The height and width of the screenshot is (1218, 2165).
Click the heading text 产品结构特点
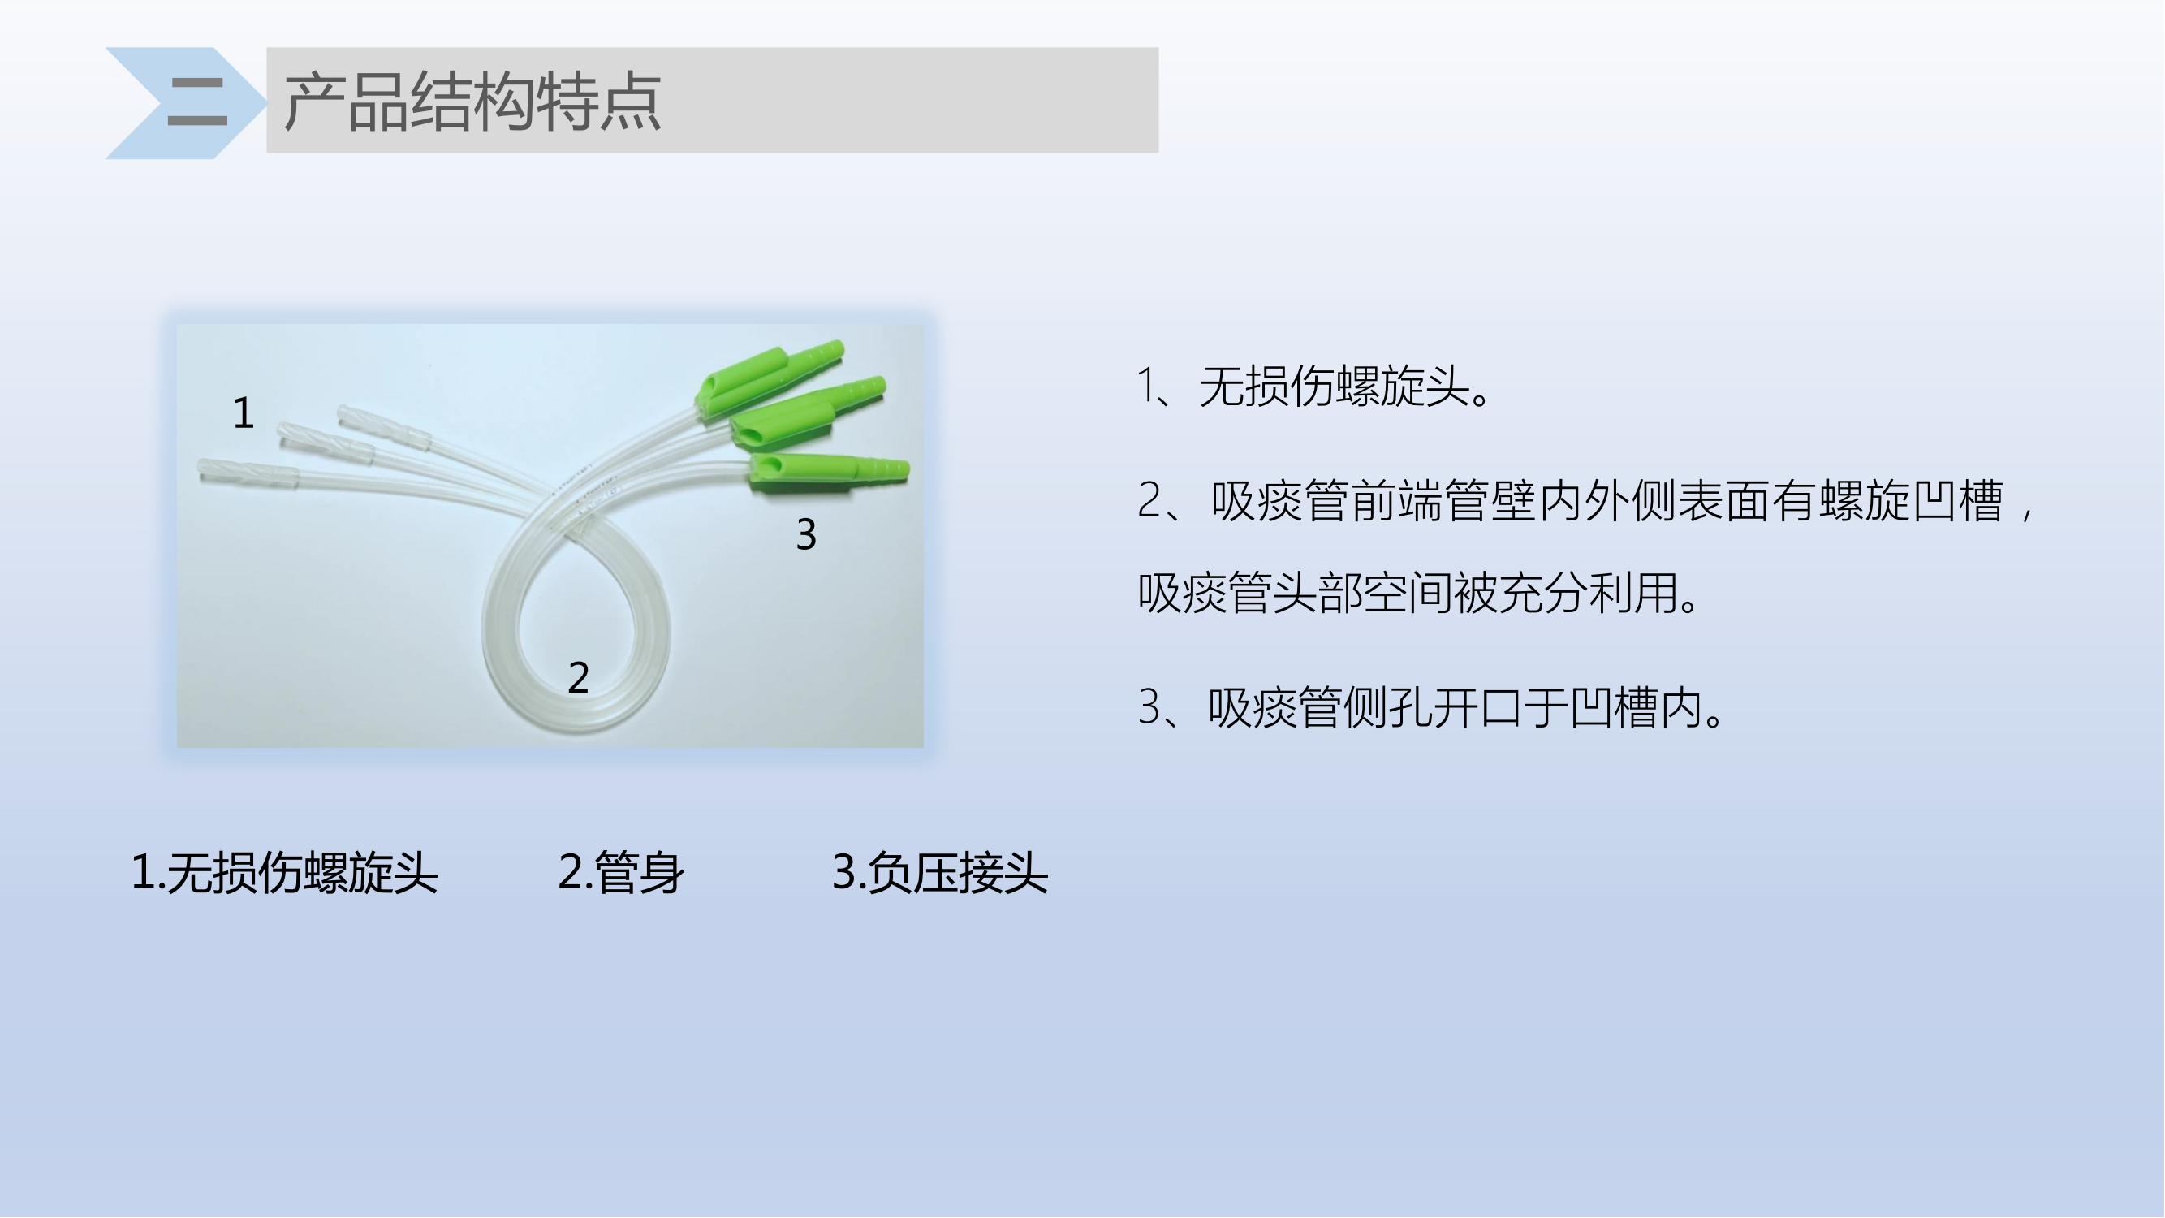(x=472, y=101)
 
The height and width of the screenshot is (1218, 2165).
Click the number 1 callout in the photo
(x=243, y=413)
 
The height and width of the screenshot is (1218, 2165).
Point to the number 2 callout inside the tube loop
(x=578, y=677)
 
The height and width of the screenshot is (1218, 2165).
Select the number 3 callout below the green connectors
(x=806, y=533)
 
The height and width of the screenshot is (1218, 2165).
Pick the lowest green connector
(x=829, y=471)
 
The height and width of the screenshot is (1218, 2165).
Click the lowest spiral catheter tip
(x=248, y=473)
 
